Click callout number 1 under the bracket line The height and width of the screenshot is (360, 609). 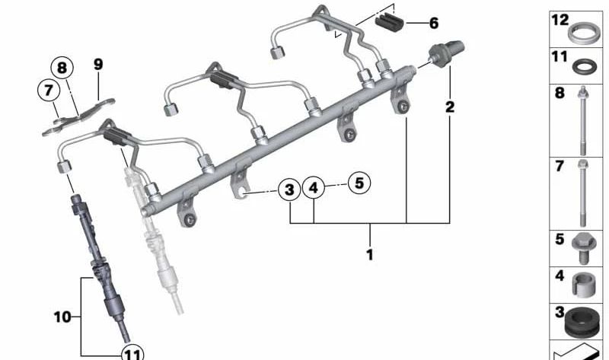coord(370,255)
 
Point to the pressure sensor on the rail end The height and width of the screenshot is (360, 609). coord(442,54)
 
